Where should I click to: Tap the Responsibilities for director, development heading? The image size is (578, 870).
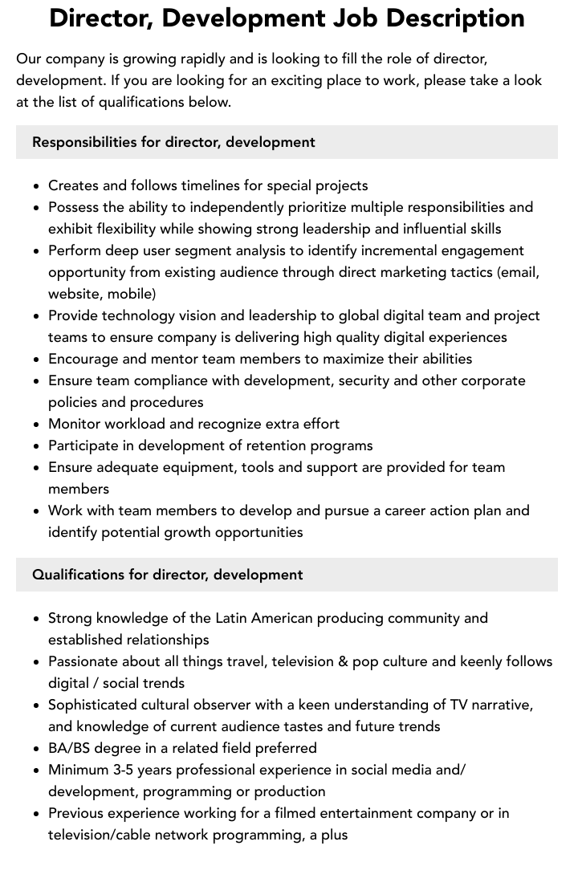click(x=173, y=142)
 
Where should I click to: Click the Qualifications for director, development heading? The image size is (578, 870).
click(x=167, y=575)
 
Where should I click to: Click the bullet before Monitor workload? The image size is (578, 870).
click(x=37, y=425)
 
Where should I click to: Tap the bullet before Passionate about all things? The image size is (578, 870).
click(x=37, y=662)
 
